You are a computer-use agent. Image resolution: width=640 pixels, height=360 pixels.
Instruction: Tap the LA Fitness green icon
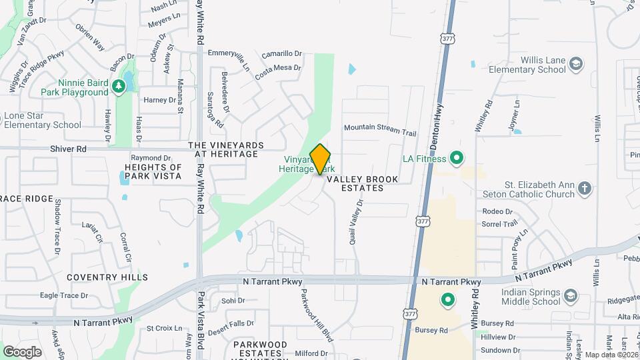tap(457, 159)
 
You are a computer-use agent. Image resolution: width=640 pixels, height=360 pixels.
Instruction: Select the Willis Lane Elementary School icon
tap(576, 64)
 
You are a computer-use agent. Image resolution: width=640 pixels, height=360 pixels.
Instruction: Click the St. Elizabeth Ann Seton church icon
tap(585, 189)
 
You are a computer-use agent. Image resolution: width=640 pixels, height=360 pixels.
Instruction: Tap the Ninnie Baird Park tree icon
tap(118, 86)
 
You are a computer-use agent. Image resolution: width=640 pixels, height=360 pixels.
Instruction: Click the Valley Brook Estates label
tap(363, 183)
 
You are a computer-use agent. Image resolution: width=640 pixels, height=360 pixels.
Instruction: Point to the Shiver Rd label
tap(68, 149)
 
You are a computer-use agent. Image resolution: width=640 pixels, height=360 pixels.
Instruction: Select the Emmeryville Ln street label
tap(229, 53)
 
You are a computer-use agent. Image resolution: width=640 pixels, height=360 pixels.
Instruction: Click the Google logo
tap(22, 351)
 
